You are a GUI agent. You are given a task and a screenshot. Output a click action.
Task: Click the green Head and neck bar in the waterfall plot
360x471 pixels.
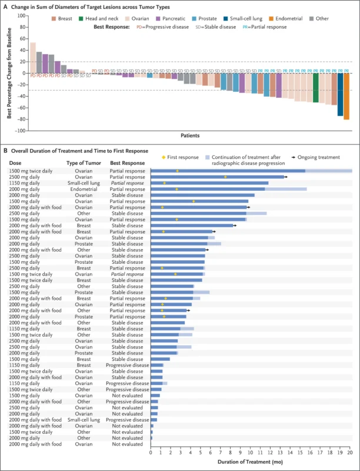[316, 88]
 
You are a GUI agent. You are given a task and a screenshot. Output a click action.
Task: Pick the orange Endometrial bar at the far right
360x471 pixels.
[346, 97]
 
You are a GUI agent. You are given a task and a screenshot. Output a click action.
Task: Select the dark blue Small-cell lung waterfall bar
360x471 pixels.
[340, 94]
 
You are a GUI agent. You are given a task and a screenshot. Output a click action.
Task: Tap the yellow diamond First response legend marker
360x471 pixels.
[164, 157]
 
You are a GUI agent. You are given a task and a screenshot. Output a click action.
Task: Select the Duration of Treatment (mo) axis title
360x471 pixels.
[251, 462]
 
